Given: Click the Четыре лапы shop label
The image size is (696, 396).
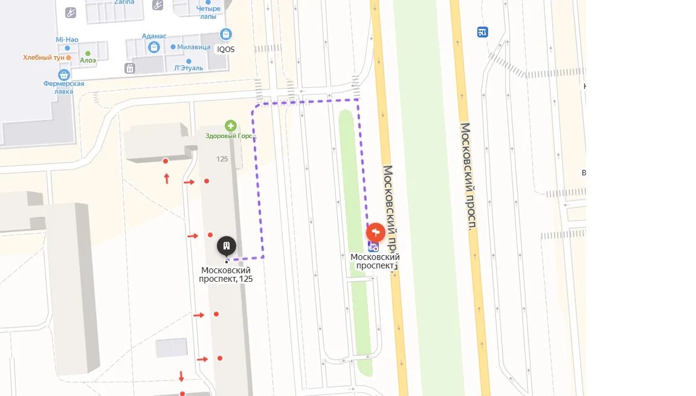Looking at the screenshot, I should click(208, 12).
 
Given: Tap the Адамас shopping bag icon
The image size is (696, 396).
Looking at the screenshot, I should click(154, 47).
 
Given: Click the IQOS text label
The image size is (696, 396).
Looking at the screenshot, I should click(226, 50).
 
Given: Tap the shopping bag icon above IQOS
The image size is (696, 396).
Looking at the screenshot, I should click(226, 34).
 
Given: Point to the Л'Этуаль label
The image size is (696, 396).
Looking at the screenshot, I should click(188, 68).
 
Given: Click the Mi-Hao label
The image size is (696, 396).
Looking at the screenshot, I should click(67, 39).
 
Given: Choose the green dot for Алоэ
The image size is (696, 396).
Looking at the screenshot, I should click(88, 53).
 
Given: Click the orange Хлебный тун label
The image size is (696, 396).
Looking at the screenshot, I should click(43, 57).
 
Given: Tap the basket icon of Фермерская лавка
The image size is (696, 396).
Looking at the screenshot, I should click(63, 74).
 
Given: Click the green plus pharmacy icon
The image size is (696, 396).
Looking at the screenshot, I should click(230, 126).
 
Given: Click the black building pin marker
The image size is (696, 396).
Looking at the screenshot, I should click(227, 246).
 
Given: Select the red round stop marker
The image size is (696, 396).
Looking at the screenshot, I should click(376, 232).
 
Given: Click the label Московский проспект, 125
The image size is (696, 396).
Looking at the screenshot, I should click(226, 274).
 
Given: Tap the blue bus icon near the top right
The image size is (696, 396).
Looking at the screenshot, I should click(482, 32).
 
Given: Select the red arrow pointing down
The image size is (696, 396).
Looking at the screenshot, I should click(181, 376).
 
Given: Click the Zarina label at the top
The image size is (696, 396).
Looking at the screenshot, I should click(124, 2).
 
